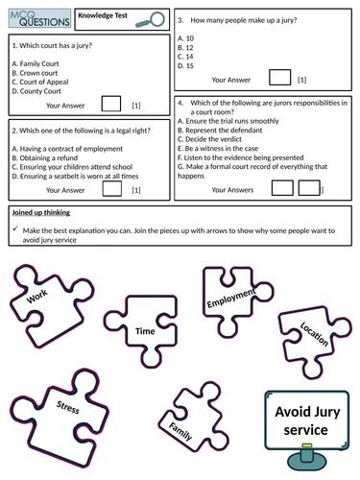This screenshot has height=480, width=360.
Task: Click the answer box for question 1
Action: [110, 104]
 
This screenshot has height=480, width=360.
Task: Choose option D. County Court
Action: [43, 90]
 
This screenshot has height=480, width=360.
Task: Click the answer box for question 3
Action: [278, 78]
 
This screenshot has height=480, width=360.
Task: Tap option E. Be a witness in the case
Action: [232, 150]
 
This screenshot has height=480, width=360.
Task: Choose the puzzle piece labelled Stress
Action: [64, 409]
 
